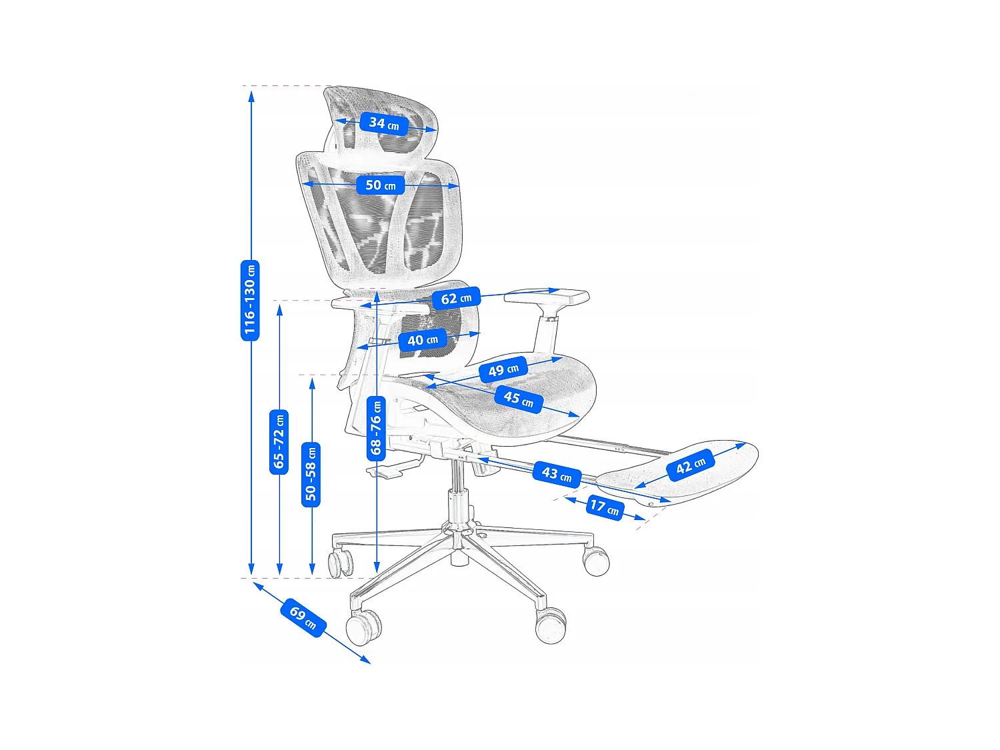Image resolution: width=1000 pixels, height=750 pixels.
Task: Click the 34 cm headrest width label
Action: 384,123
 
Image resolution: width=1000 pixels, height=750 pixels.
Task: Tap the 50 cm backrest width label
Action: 381,185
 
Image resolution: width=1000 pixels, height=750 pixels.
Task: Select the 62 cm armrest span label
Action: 456,299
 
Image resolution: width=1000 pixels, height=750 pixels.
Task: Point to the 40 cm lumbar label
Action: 423,341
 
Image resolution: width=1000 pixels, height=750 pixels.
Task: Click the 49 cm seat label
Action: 503,370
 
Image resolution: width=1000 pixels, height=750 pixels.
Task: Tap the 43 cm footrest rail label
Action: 557,474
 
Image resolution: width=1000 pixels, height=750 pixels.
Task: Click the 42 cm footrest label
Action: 691,465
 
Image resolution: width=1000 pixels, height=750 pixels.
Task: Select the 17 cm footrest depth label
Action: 604,508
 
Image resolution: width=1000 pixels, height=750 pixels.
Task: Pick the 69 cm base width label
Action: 303,618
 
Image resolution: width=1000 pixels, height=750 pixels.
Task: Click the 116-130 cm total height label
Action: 250,300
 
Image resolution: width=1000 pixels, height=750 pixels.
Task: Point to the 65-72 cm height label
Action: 279,442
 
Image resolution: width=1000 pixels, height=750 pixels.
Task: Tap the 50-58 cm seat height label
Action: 311,474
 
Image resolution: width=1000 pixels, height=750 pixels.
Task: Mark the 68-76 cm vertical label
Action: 376,427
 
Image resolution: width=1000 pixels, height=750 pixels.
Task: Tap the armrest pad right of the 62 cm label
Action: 547,297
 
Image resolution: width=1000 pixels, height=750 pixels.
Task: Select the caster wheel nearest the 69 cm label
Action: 363,627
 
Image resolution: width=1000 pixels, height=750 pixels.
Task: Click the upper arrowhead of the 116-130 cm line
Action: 251,95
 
